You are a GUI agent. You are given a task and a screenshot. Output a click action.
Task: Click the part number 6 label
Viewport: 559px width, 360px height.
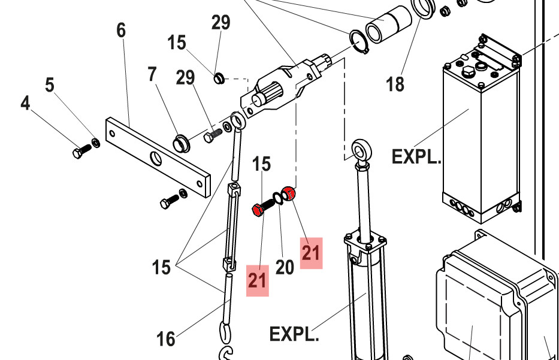pyautogui.click(x=122, y=30)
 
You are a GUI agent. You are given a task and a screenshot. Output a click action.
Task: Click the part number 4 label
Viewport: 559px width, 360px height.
pyautogui.click(x=25, y=104)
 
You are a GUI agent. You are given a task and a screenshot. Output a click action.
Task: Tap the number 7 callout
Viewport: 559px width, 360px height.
pyautogui.click(x=152, y=74)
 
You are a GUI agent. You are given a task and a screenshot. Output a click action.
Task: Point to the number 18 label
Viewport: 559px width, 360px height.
pyautogui.click(x=395, y=84)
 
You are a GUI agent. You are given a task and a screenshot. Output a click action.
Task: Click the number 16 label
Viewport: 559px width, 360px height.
pyautogui.click(x=166, y=339)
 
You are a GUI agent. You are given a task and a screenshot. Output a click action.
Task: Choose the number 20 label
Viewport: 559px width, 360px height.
pyautogui.click(x=285, y=267)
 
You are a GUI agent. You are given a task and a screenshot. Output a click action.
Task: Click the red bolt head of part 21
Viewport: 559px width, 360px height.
pyautogui.click(x=257, y=210)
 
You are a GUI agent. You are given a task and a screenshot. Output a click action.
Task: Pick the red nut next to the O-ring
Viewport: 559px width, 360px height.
pyautogui.click(x=289, y=193)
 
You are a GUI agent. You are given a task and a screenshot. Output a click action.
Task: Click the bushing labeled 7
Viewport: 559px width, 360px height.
pyautogui.click(x=181, y=143)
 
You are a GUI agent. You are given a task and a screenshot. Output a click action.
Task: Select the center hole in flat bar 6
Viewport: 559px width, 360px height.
pyautogui.click(x=155, y=159)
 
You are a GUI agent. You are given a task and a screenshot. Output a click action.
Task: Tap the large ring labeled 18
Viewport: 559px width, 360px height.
pyautogui.click(x=424, y=9)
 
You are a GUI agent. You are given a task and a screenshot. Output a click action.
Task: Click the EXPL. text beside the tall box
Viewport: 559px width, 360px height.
pyautogui.click(x=416, y=157)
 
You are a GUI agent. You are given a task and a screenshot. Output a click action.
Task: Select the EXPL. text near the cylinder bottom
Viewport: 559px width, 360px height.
pyautogui.click(x=294, y=334)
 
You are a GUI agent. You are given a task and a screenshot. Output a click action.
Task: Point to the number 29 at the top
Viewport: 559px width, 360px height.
pyautogui.click(x=221, y=23)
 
